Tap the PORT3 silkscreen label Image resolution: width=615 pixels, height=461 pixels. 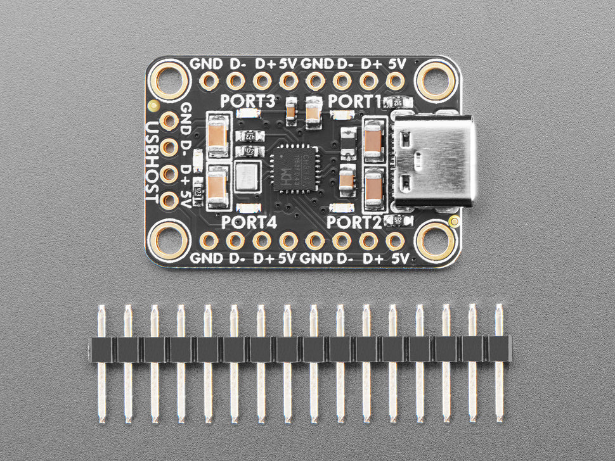click(248, 101)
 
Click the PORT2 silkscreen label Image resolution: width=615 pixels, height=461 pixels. click(354, 222)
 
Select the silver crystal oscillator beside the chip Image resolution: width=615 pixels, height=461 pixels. click(247, 177)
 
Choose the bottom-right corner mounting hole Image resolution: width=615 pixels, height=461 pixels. click(436, 241)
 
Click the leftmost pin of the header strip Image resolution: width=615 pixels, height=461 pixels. click(101, 365)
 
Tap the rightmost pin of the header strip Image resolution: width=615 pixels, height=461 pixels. click(499, 365)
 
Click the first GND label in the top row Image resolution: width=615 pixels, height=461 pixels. click(207, 64)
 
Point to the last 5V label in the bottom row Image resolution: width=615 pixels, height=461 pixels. click(399, 258)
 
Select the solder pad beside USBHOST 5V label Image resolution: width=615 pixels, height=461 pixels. click(169, 200)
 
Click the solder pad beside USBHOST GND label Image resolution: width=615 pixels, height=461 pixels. click(169, 120)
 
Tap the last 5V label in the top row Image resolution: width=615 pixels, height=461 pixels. click(396, 64)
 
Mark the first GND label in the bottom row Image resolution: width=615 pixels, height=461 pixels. click(207, 258)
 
